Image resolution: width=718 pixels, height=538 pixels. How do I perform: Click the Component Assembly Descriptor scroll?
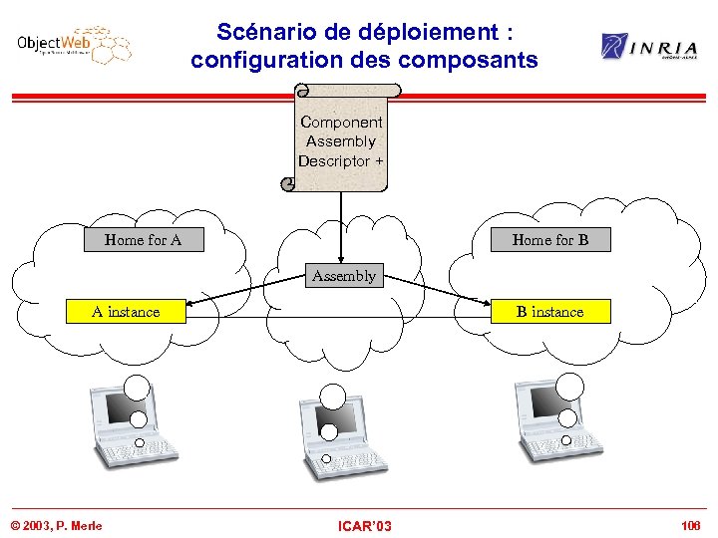(341, 140)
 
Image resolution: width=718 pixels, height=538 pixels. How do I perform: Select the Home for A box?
(143, 239)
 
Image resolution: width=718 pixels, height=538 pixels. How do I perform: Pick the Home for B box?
(550, 239)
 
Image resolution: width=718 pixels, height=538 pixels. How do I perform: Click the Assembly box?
(343, 276)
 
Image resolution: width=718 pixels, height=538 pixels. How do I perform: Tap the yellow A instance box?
(126, 312)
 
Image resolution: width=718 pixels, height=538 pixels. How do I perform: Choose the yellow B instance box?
(549, 312)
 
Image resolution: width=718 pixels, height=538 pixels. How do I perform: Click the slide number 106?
(690, 525)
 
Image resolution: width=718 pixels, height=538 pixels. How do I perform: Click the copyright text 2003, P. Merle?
(56, 525)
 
